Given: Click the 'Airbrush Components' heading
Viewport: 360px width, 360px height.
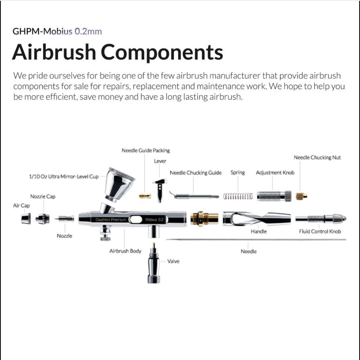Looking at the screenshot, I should click(118, 52).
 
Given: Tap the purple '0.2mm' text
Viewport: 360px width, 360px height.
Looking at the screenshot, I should click(88, 31).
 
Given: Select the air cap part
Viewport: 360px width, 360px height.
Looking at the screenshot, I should click(26, 219).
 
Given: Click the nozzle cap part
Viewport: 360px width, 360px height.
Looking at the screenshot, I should click(42, 219).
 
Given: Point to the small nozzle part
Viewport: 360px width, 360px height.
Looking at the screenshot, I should click(64, 219).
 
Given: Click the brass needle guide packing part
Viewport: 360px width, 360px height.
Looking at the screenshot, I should click(145, 196).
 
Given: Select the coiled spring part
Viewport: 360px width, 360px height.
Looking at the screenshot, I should click(238, 197).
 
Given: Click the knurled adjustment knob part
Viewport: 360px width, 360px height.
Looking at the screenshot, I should click(274, 196).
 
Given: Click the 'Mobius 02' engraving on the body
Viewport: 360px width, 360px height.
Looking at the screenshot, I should click(155, 219).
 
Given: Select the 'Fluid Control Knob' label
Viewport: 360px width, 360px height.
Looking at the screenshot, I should click(320, 232).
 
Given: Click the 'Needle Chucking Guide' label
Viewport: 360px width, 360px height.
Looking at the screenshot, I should click(196, 172).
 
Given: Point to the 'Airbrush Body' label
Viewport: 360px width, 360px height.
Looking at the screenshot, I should click(125, 251).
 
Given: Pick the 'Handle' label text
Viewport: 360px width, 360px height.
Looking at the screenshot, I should click(259, 232).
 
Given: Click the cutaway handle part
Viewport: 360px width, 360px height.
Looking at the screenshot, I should click(257, 219).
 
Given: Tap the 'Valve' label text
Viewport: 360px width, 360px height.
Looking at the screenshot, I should click(173, 261).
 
